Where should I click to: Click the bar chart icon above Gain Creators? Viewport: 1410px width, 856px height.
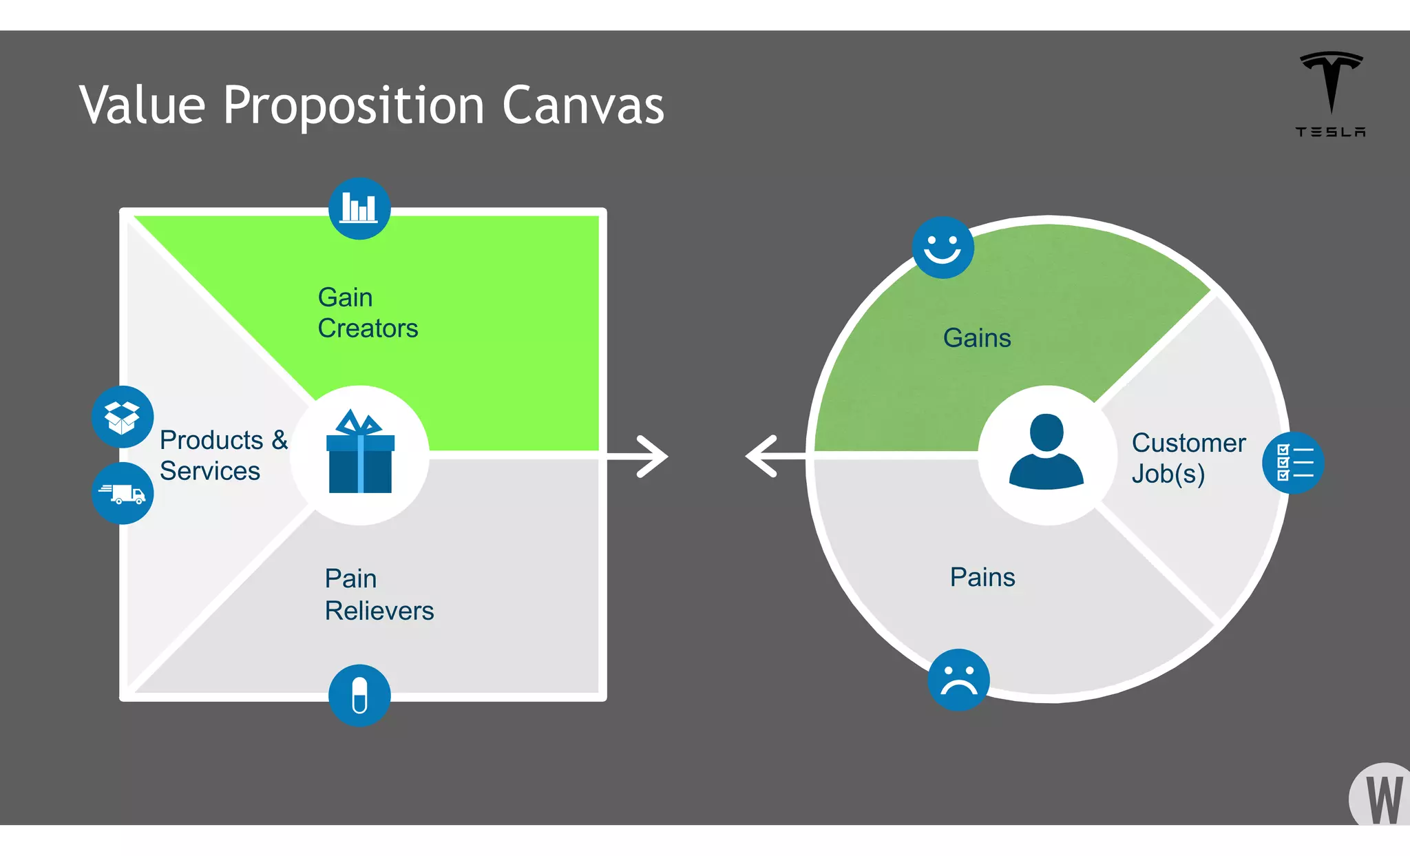coord(359,208)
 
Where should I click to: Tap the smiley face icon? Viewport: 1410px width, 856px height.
coord(943,247)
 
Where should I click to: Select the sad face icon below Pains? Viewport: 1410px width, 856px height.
coord(958,680)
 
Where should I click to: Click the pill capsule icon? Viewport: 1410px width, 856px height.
coord(359,695)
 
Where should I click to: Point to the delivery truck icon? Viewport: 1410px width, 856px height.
coord(123,493)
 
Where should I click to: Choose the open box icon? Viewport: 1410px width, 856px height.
coord(123,417)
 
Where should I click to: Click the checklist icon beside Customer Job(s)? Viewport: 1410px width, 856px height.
coord(1293,463)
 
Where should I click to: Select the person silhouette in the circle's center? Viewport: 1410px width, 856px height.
coord(1046,452)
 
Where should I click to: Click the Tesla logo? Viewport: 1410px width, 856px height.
coord(1331,94)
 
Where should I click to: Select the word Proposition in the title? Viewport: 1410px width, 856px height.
coord(354,107)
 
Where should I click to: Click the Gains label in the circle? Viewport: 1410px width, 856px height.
coord(977,338)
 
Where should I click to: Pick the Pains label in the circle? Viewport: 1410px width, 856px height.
coord(982,577)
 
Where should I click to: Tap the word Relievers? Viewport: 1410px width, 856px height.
coord(379,611)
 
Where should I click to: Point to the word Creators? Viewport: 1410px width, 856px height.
coord(368,328)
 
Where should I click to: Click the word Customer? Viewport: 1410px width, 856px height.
coord(1188,443)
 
